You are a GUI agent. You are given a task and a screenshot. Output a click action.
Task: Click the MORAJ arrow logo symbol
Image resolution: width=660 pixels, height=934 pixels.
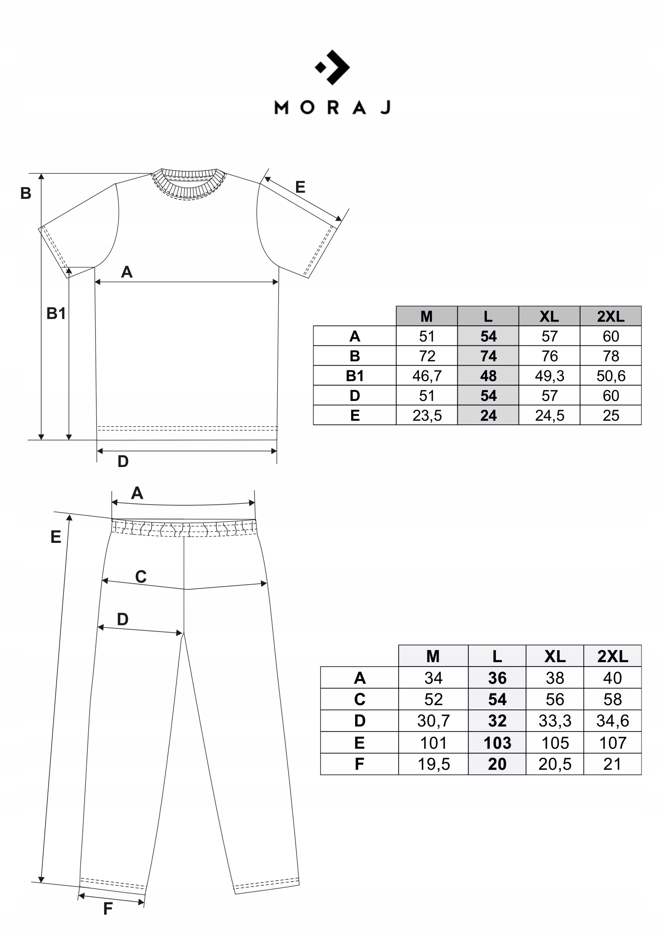point(333,67)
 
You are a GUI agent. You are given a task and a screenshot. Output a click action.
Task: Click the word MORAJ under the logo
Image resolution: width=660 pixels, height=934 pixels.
point(332,107)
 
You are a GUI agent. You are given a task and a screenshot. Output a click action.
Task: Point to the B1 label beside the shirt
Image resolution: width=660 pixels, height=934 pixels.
point(56,313)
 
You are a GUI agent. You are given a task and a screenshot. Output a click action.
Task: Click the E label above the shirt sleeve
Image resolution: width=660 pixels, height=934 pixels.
point(300,187)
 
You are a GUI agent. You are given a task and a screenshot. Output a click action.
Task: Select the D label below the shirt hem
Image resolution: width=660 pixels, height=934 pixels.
point(123,461)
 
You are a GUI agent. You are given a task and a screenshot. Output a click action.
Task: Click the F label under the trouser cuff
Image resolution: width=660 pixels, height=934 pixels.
point(108,908)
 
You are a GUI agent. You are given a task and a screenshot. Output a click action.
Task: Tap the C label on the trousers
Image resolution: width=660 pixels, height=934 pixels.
point(141,577)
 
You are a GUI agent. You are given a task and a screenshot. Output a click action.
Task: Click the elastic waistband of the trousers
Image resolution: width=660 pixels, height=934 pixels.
point(184,528)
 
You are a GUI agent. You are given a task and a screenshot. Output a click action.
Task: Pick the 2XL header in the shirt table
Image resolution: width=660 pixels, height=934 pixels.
point(610,316)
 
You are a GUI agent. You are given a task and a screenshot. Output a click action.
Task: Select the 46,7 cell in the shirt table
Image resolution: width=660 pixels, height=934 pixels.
point(427,376)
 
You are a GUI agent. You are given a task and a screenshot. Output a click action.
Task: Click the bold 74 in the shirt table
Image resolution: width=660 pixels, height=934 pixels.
point(488,356)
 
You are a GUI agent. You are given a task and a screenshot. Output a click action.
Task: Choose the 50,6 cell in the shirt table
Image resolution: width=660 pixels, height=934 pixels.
point(610,376)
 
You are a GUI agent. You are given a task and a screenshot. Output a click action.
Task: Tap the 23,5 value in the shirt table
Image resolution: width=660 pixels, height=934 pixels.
point(427,415)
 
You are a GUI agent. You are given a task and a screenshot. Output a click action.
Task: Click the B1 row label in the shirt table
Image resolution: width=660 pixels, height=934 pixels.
point(354,376)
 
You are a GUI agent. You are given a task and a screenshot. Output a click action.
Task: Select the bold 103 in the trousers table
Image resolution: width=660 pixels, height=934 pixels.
point(497,743)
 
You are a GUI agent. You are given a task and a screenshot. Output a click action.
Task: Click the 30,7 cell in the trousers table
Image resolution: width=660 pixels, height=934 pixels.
point(433,721)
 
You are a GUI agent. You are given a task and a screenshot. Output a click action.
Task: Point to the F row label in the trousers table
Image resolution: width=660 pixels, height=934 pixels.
point(360,764)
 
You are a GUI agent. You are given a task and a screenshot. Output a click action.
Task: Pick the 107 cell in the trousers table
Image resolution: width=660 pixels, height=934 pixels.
point(613,743)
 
